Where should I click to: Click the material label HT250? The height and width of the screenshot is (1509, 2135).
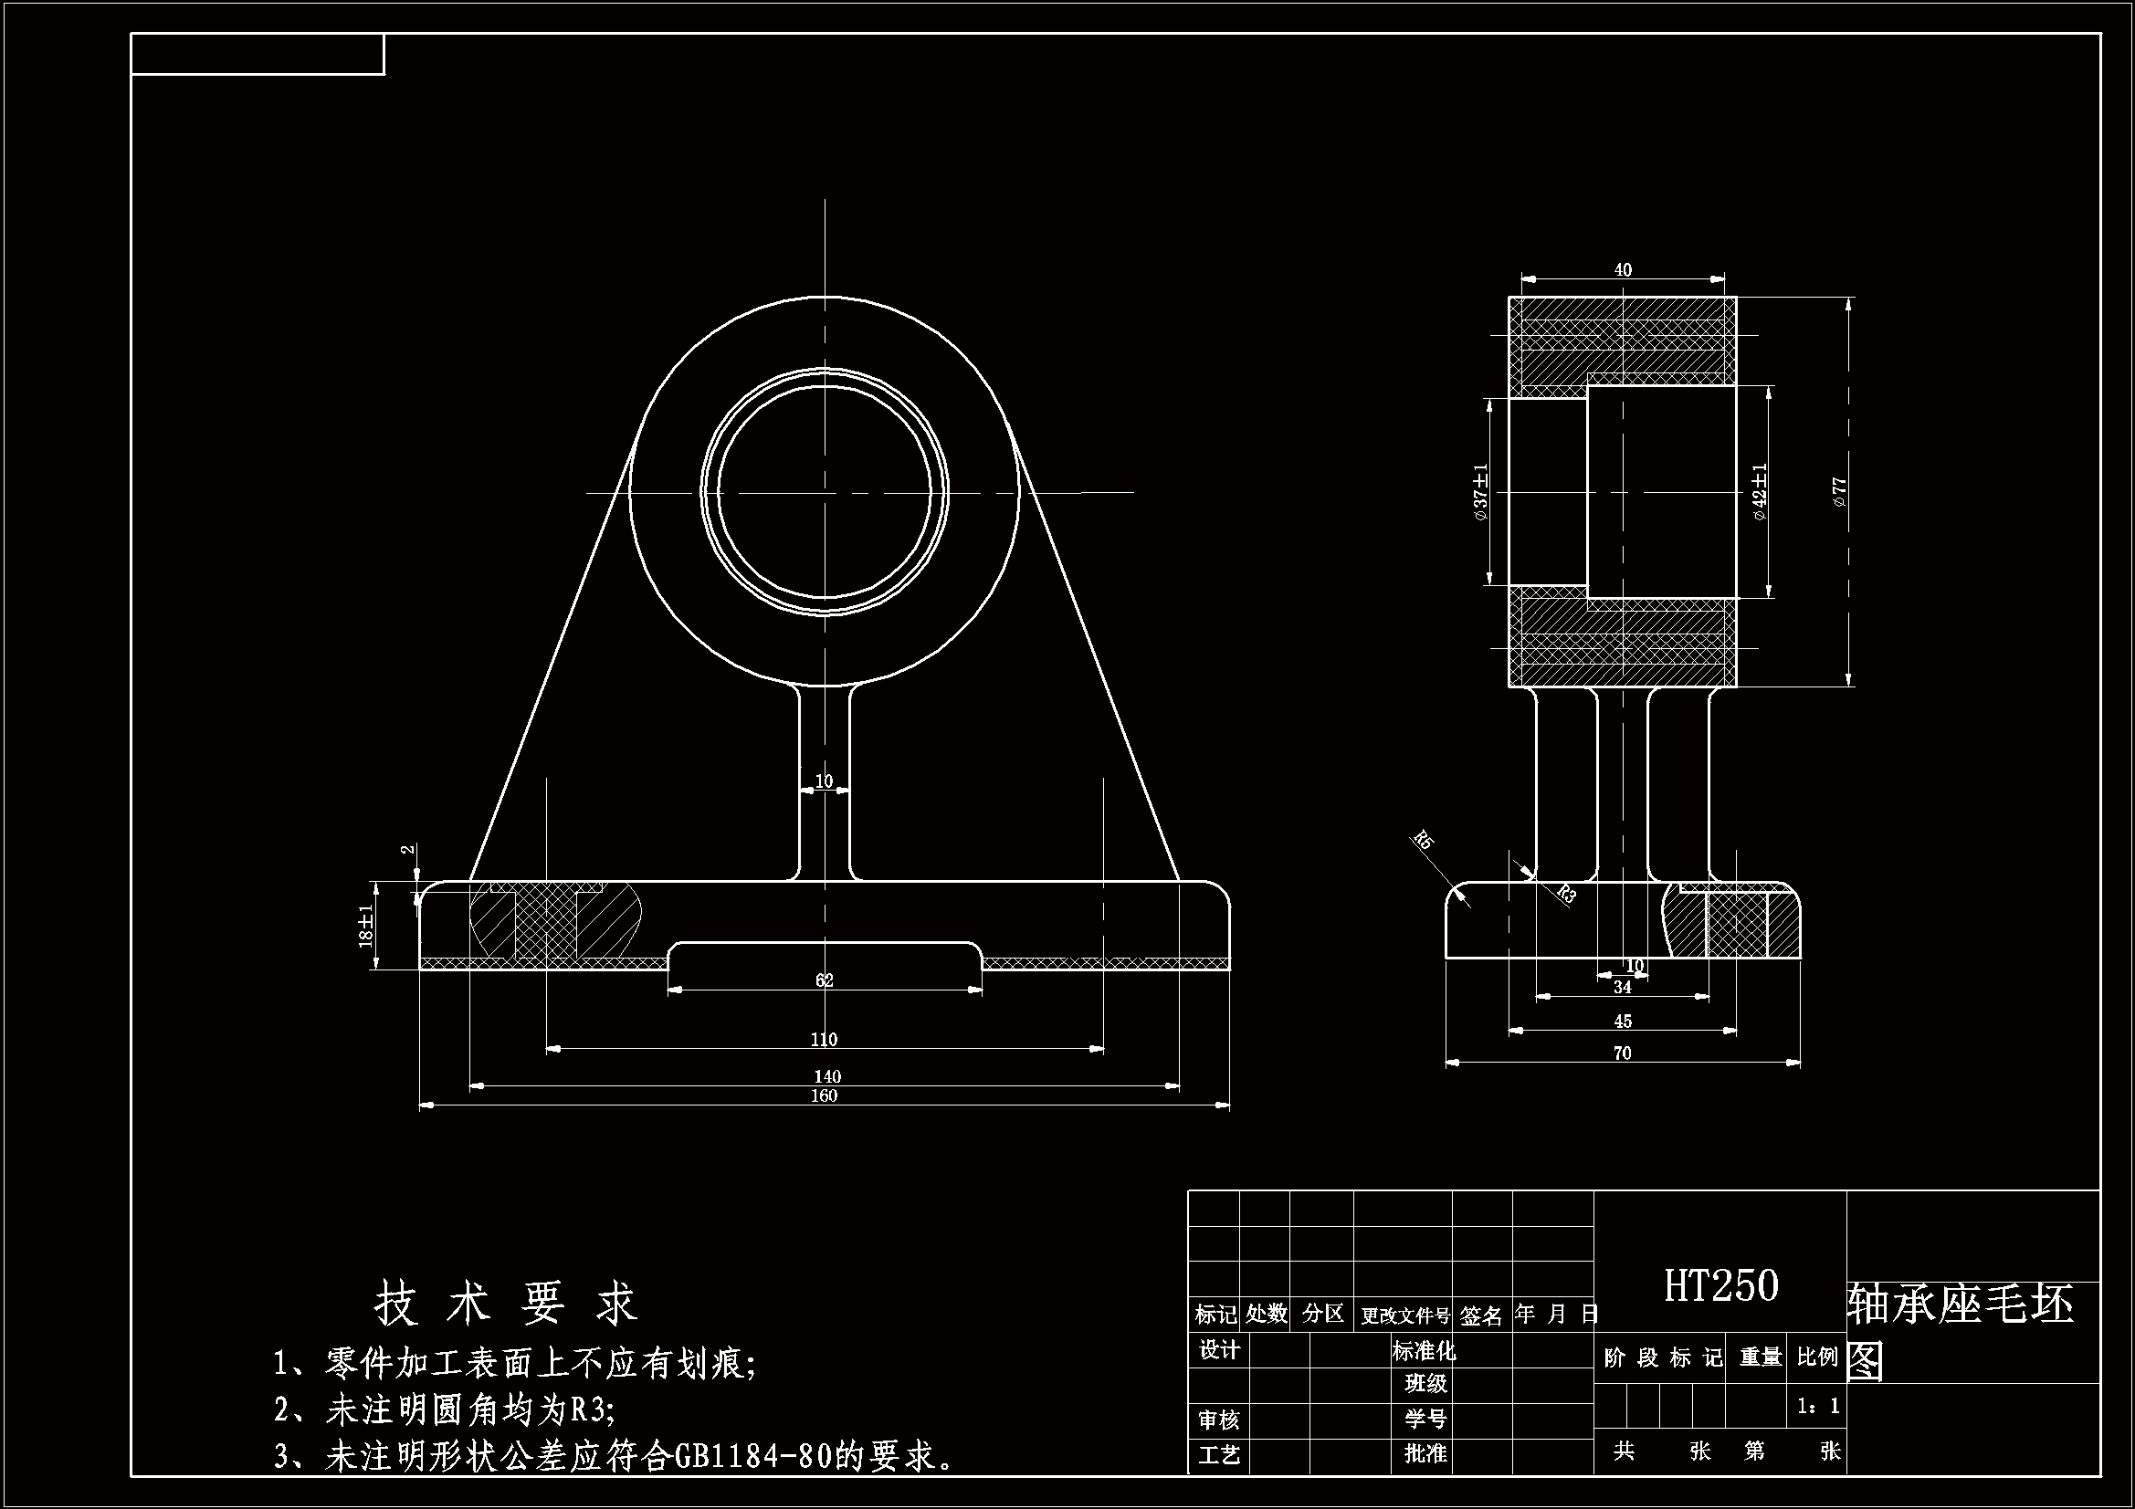pos(1720,1286)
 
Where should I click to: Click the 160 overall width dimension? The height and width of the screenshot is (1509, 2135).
pos(824,1095)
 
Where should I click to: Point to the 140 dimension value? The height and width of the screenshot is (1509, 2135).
pos(827,1075)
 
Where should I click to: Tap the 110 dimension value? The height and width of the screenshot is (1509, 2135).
pos(824,1040)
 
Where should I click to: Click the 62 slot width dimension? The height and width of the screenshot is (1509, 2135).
pos(825,980)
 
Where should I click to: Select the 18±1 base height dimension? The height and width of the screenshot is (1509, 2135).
pos(366,925)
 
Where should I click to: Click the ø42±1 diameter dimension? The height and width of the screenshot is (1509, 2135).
pos(1761,492)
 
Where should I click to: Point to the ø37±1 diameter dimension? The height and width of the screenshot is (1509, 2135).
pos(1480,492)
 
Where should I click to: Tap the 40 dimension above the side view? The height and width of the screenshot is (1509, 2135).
pos(1623,269)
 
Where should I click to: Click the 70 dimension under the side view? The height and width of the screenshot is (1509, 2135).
pos(1623,1053)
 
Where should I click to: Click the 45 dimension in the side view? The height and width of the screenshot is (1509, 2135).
pos(1623,1021)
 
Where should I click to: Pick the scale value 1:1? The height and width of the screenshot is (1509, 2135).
pos(1818,1406)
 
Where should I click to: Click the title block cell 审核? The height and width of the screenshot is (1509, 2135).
pos(1218,1420)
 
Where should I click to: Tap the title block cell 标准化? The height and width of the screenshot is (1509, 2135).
pos(1424,1350)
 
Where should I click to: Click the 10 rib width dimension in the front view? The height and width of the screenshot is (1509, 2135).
pos(824,781)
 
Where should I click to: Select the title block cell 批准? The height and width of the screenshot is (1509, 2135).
pos(1425,1453)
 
